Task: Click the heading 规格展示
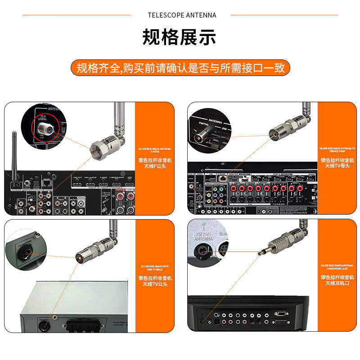pyautogui.click(x=180, y=37)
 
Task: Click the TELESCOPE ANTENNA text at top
pyautogui.click(x=182, y=15)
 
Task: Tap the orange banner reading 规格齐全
pyautogui.click(x=180, y=68)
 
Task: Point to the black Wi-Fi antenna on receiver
pyautogui.click(x=14, y=153)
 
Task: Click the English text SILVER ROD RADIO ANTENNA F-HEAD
pyautogui.click(x=155, y=150)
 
